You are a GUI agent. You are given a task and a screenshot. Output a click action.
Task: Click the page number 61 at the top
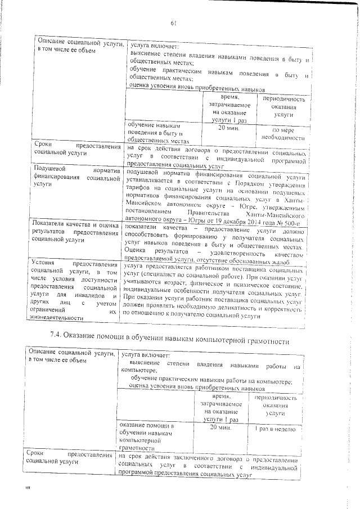(x=174, y=23)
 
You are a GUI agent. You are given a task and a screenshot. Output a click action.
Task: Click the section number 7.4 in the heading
(x=56, y=336)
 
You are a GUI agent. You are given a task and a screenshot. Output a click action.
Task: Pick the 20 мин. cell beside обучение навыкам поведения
(x=224, y=128)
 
